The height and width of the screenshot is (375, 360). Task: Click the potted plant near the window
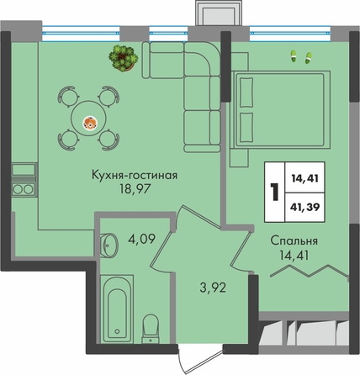pyautogui.click(x=124, y=58)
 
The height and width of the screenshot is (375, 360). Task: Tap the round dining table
pyautogui.click(x=88, y=119)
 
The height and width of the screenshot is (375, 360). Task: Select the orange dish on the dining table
pyautogui.click(x=90, y=123)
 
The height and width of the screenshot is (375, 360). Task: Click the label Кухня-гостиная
pyautogui.click(x=135, y=176)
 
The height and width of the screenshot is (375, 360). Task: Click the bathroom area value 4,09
pyautogui.click(x=141, y=239)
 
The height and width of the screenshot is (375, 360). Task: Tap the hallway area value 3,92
pyautogui.click(x=213, y=288)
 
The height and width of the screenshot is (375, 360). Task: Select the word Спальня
pyautogui.click(x=294, y=241)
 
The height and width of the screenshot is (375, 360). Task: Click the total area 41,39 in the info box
pyautogui.click(x=305, y=208)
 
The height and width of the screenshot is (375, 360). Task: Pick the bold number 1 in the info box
pyautogui.click(x=274, y=193)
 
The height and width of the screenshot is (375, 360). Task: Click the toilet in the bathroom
pyautogui.click(x=151, y=329)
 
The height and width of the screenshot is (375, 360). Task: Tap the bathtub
pyautogui.click(x=117, y=309)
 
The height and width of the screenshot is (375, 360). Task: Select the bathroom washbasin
pyautogui.click(x=109, y=244)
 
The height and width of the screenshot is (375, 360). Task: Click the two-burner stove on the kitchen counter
pyautogui.click(x=24, y=189)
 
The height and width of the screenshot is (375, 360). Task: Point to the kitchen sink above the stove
pyautogui.click(x=24, y=171)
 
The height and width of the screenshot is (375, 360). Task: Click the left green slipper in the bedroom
pyautogui.click(x=294, y=56)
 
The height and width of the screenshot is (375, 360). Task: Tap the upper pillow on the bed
pyautogui.click(x=246, y=92)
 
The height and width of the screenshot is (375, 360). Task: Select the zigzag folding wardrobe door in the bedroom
pyautogui.click(x=310, y=271)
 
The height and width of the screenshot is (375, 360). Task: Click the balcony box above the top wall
pyautogui.click(x=219, y=13)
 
